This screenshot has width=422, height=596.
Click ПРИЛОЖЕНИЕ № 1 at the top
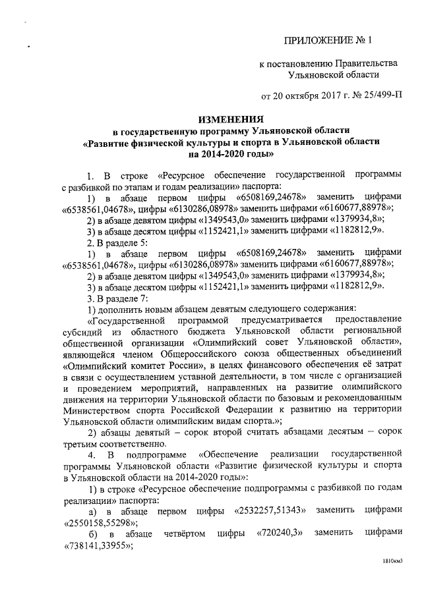click(x=327, y=40)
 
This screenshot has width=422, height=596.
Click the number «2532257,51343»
click(x=266, y=511)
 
